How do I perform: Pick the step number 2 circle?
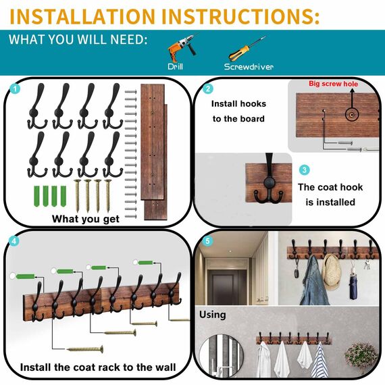[x=208, y=88]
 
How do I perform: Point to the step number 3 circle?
[x=305, y=170]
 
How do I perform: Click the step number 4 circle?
[x=15, y=240]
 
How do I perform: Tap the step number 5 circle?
[x=207, y=240]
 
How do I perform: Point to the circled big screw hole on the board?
[x=352, y=114]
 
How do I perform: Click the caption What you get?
[x=86, y=218]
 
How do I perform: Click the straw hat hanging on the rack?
[x=332, y=271]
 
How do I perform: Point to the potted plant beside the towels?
[x=359, y=355]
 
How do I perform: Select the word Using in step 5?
[x=212, y=315]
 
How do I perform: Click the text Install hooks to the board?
[x=238, y=111]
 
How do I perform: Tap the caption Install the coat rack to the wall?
[x=98, y=367]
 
